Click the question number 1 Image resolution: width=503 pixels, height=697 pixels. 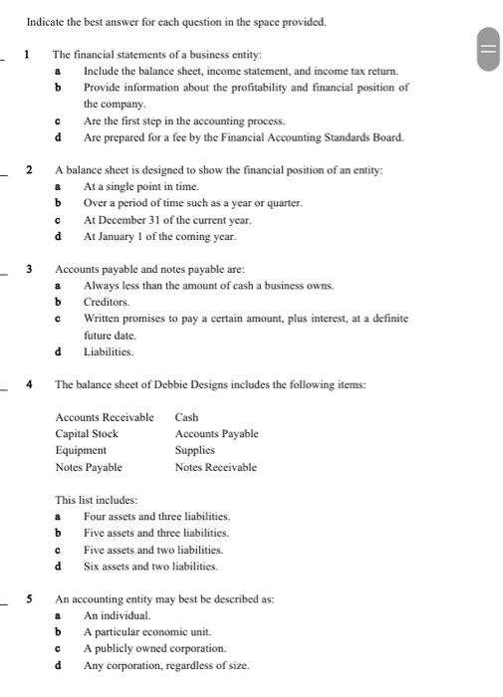click(29, 54)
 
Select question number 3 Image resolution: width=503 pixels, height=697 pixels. click(29, 269)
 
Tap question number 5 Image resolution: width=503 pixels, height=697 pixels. click(29, 599)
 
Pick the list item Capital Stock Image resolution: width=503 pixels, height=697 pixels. click(87, 433)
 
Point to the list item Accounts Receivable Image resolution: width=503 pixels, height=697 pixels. click(105, 417)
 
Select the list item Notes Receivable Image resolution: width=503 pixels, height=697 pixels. click(215, 466)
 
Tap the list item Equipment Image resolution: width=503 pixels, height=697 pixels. click(81, 450)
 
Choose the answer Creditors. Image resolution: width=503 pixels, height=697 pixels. click(107, 301)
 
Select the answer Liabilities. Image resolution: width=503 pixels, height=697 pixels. click(109, 351)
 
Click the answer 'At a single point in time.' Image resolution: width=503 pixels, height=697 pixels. click(141, 186)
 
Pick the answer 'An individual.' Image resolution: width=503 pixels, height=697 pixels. click(117, 615)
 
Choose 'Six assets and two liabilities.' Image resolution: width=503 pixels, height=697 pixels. click(150, 566)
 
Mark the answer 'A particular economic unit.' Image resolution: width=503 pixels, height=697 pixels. click(147, 631)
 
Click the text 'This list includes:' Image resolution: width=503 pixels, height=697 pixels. click(97, 500)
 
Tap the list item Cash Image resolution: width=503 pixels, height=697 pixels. click(187, 417)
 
